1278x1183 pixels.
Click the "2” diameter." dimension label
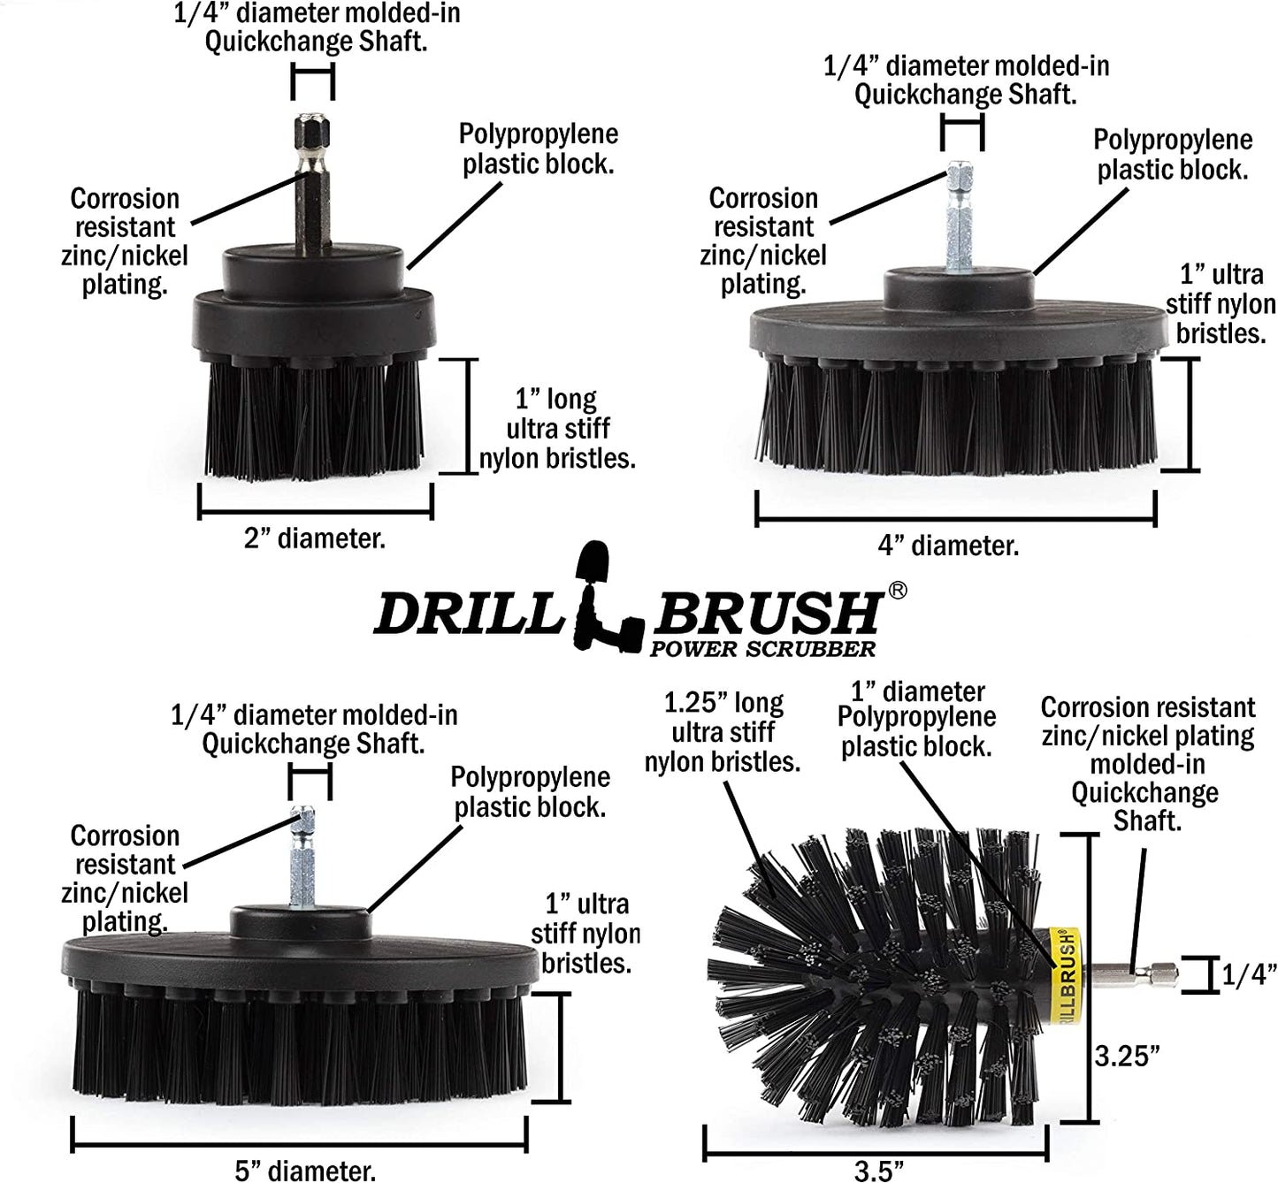(x=315, y=538)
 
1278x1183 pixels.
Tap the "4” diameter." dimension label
(x=948, y=546)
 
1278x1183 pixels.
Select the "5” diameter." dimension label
(x=305, y=1171)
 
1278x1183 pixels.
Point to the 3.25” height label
(x=1127, y=1056)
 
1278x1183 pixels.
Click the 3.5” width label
(x=878, y=1170)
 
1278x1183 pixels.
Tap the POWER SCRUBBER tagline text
(x=762, y=649)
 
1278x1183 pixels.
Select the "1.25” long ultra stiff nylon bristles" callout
(x=723, y=733)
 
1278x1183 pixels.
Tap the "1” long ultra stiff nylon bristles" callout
(x=557, y=429)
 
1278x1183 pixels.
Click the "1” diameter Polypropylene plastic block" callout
(x=916, y=720)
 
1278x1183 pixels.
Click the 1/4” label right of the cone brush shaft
(x=1249, y=974)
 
